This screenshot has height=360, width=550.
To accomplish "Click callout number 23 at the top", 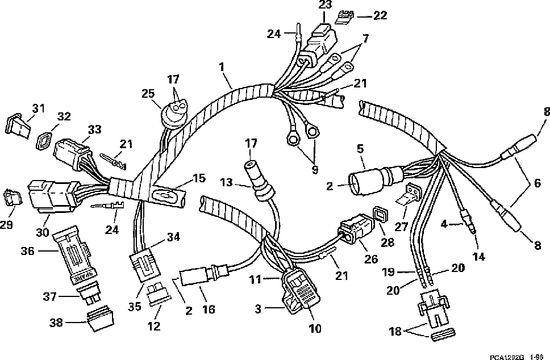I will click(x=324, y=5).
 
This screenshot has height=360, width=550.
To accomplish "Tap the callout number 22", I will click(x=380, y=15).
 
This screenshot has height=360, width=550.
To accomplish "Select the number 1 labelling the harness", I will click(x=223, y=67).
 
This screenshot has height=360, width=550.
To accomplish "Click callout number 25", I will click(x=148, y=93).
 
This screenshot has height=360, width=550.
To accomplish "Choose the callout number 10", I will click(x=315, y=328).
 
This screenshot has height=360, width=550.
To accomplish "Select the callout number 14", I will click(x=479, y=257).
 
